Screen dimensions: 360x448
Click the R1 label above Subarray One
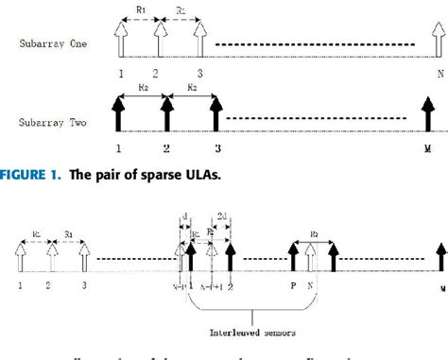click(x=141, y=9)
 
